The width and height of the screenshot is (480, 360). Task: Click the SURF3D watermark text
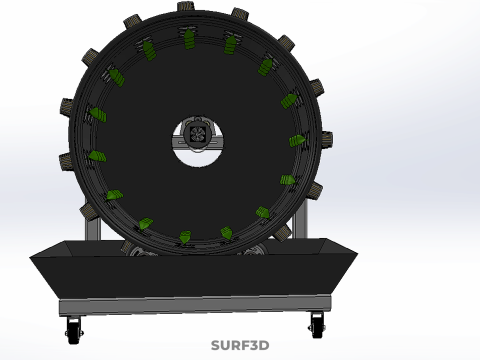[240, 345]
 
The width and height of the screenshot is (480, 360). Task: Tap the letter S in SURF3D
[216, 345]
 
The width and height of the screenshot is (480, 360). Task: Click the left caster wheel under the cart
[74, 329]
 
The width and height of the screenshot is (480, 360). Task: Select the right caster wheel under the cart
[317, 325]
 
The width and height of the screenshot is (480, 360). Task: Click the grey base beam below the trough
[195, 305]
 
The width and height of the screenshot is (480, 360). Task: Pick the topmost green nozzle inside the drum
[189, 39]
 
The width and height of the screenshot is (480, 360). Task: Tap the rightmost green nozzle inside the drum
[298, 141]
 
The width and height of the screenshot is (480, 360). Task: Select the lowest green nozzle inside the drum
[185, 237]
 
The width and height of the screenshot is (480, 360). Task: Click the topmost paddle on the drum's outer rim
[186, 6]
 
